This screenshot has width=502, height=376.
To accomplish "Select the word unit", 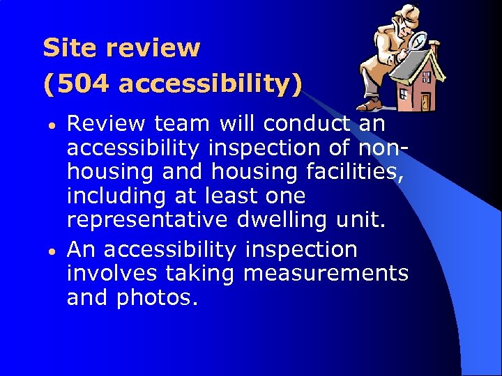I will (x=365, y=220).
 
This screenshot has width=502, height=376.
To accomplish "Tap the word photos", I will (x=157, y=297).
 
